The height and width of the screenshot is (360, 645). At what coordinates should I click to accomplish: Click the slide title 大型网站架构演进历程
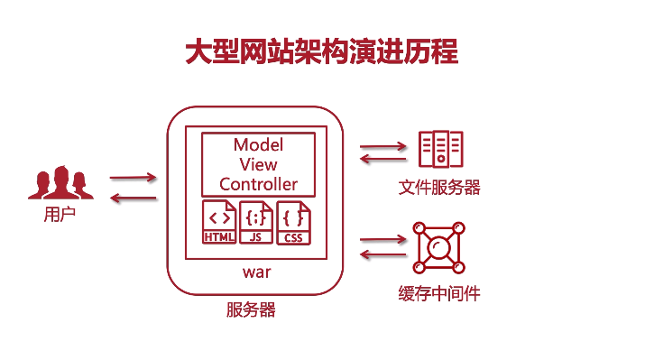322,51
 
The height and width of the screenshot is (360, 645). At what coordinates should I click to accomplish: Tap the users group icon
60,182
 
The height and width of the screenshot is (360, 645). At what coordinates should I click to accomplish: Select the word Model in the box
258,145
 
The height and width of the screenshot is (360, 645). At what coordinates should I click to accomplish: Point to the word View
258,165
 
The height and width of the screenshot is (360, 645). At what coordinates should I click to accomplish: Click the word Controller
258,185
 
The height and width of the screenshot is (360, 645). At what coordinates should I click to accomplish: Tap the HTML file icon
219,223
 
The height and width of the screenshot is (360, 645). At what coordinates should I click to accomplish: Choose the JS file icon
255,223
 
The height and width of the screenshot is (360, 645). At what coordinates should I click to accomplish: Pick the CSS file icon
292,223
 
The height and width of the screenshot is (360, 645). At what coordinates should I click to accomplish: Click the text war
257,271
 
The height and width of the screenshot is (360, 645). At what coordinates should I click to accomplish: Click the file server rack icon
440,149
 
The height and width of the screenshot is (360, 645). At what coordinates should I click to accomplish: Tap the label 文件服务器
439,188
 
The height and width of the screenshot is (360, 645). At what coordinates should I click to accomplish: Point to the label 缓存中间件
439,295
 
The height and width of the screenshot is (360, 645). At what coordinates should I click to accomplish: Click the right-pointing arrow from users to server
133,178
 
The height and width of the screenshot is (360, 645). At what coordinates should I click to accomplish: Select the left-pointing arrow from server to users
133,198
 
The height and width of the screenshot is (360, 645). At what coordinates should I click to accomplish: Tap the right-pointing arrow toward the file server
383,145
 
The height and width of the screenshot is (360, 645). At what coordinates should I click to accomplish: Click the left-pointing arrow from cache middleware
383,255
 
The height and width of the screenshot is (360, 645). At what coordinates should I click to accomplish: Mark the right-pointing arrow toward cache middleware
383,240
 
